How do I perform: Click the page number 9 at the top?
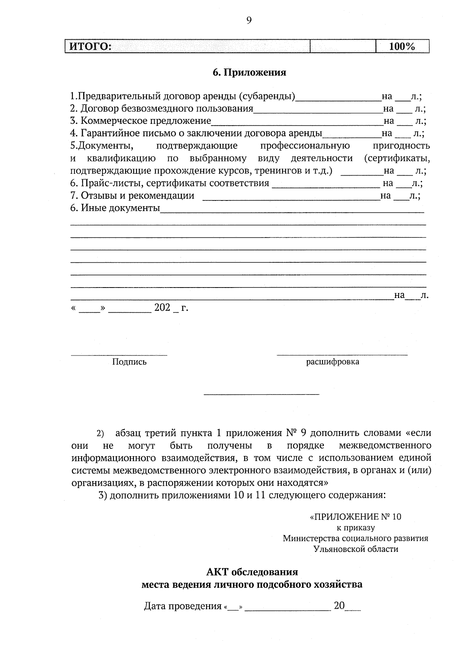click(x=249, y=21)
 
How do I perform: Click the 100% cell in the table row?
click(x=402, y=47)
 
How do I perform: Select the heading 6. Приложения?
click(x=249, y=72)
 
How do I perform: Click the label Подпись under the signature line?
click(x=129, y=362)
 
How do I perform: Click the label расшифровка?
click(x=332, y=362)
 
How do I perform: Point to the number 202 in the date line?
click(x=162, y=308)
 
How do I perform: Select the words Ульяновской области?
click(x=355, y=549)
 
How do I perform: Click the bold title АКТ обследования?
click(x=252, y=572)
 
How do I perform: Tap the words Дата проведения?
click(x=182, y=606)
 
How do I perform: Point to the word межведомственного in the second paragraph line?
click(x=385, y=446)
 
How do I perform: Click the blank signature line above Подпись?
click(x=119, y=355)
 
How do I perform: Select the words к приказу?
click(x=355, y=528)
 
